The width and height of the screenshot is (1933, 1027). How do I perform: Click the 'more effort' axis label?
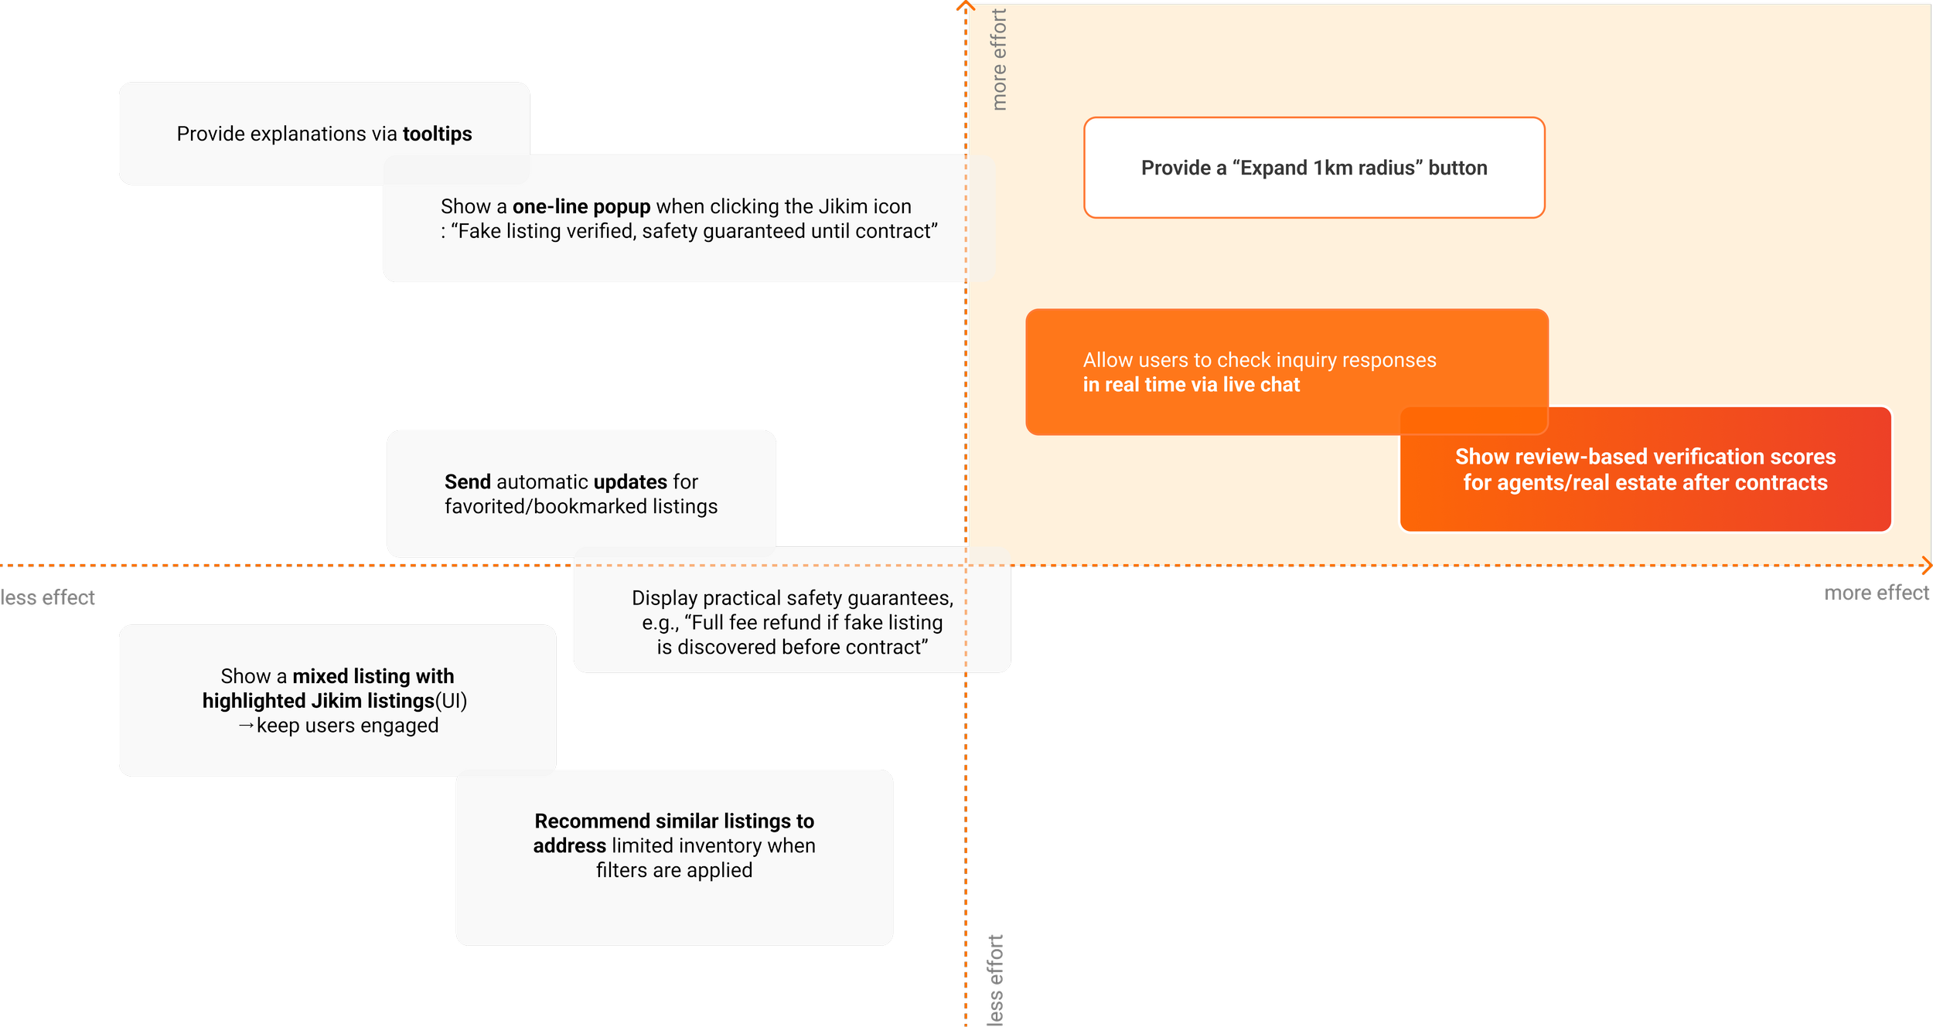(999, 60)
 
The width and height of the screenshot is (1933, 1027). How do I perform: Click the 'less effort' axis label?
(996, 980)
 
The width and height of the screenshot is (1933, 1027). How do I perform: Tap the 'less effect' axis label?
(48, 598)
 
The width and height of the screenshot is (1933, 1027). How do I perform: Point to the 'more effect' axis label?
(1877, 593)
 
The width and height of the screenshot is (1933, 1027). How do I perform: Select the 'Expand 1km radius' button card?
(1314, 168)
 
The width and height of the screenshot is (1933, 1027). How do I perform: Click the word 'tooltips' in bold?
(437, 134)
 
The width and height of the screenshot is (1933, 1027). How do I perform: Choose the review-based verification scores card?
(1645, 470)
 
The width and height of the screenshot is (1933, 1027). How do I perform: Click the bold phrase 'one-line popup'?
(581, 206)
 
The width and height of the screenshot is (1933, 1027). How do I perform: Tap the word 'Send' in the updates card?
(468, 481)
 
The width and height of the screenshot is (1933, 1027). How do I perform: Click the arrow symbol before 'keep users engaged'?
(246, 726)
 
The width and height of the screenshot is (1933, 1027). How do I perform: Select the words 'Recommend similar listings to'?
(674, 821)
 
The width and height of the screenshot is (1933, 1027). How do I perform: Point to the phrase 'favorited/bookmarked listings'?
(581, 506)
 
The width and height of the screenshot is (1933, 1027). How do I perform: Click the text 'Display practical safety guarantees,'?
(793, 598)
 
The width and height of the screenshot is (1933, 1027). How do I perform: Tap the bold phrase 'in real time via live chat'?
(1192, 385)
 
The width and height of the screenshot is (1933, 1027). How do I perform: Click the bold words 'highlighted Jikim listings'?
(319, 701)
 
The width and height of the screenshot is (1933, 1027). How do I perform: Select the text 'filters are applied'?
(674, 870)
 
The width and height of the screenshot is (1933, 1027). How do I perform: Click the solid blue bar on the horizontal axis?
(332, 577)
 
